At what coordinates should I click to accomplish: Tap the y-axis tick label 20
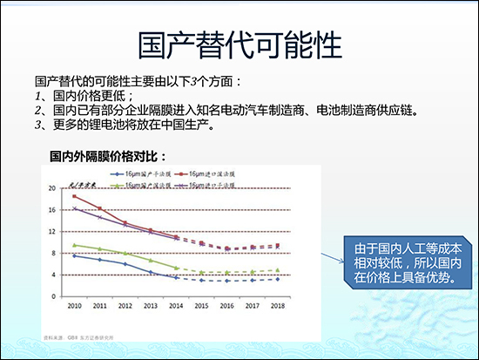click(51, 187)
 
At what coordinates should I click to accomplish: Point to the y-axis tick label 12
click(51, 231)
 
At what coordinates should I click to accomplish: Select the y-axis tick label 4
click(52, 275)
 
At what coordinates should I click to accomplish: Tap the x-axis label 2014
click(176, 305)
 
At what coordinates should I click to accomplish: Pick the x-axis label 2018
click(277, 305)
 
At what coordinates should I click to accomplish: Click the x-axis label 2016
click(226, 305)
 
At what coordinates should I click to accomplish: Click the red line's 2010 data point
click(74, 196)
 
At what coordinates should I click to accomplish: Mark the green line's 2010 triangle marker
click(74, 245)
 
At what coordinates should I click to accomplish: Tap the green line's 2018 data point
click(277, 270)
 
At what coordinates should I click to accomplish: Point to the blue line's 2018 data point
click(277, 279)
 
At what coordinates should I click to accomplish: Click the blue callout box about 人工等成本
click(398, 260)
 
